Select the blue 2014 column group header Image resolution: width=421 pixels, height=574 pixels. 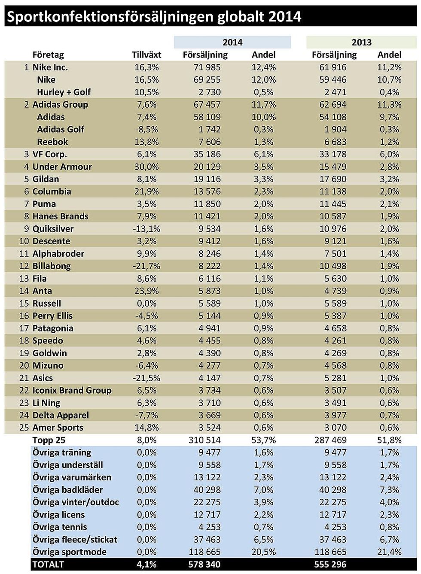(232, 43)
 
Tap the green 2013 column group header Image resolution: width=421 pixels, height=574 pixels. (361, 43)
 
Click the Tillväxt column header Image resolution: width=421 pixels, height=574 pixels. (146, 55)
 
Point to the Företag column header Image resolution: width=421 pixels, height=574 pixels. (48, 55)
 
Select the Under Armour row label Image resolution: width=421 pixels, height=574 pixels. (62, 167)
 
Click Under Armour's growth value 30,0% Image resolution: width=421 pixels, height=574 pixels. (146, 167)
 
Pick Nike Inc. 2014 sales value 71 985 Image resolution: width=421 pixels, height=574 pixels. (207, 67)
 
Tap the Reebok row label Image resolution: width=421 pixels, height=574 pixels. (52, 142)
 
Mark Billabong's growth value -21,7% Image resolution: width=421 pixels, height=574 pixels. (146, 266)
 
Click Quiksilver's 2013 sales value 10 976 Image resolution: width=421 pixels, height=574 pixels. (333, 229)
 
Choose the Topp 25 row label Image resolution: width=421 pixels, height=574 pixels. (49, 440)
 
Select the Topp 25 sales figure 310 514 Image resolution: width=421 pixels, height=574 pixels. (204, 440)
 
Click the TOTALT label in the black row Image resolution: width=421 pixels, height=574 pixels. (48, 565)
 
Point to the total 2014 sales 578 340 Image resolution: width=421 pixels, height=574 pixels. (204, 565)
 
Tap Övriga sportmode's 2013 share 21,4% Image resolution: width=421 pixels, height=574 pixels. (389, 552)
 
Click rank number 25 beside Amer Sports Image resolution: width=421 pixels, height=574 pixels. (24, 428)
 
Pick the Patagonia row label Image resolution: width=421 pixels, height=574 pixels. (53, 328)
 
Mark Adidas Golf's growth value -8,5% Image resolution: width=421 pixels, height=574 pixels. (146, 130)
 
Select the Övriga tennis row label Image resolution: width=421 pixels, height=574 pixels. (60, 527)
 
